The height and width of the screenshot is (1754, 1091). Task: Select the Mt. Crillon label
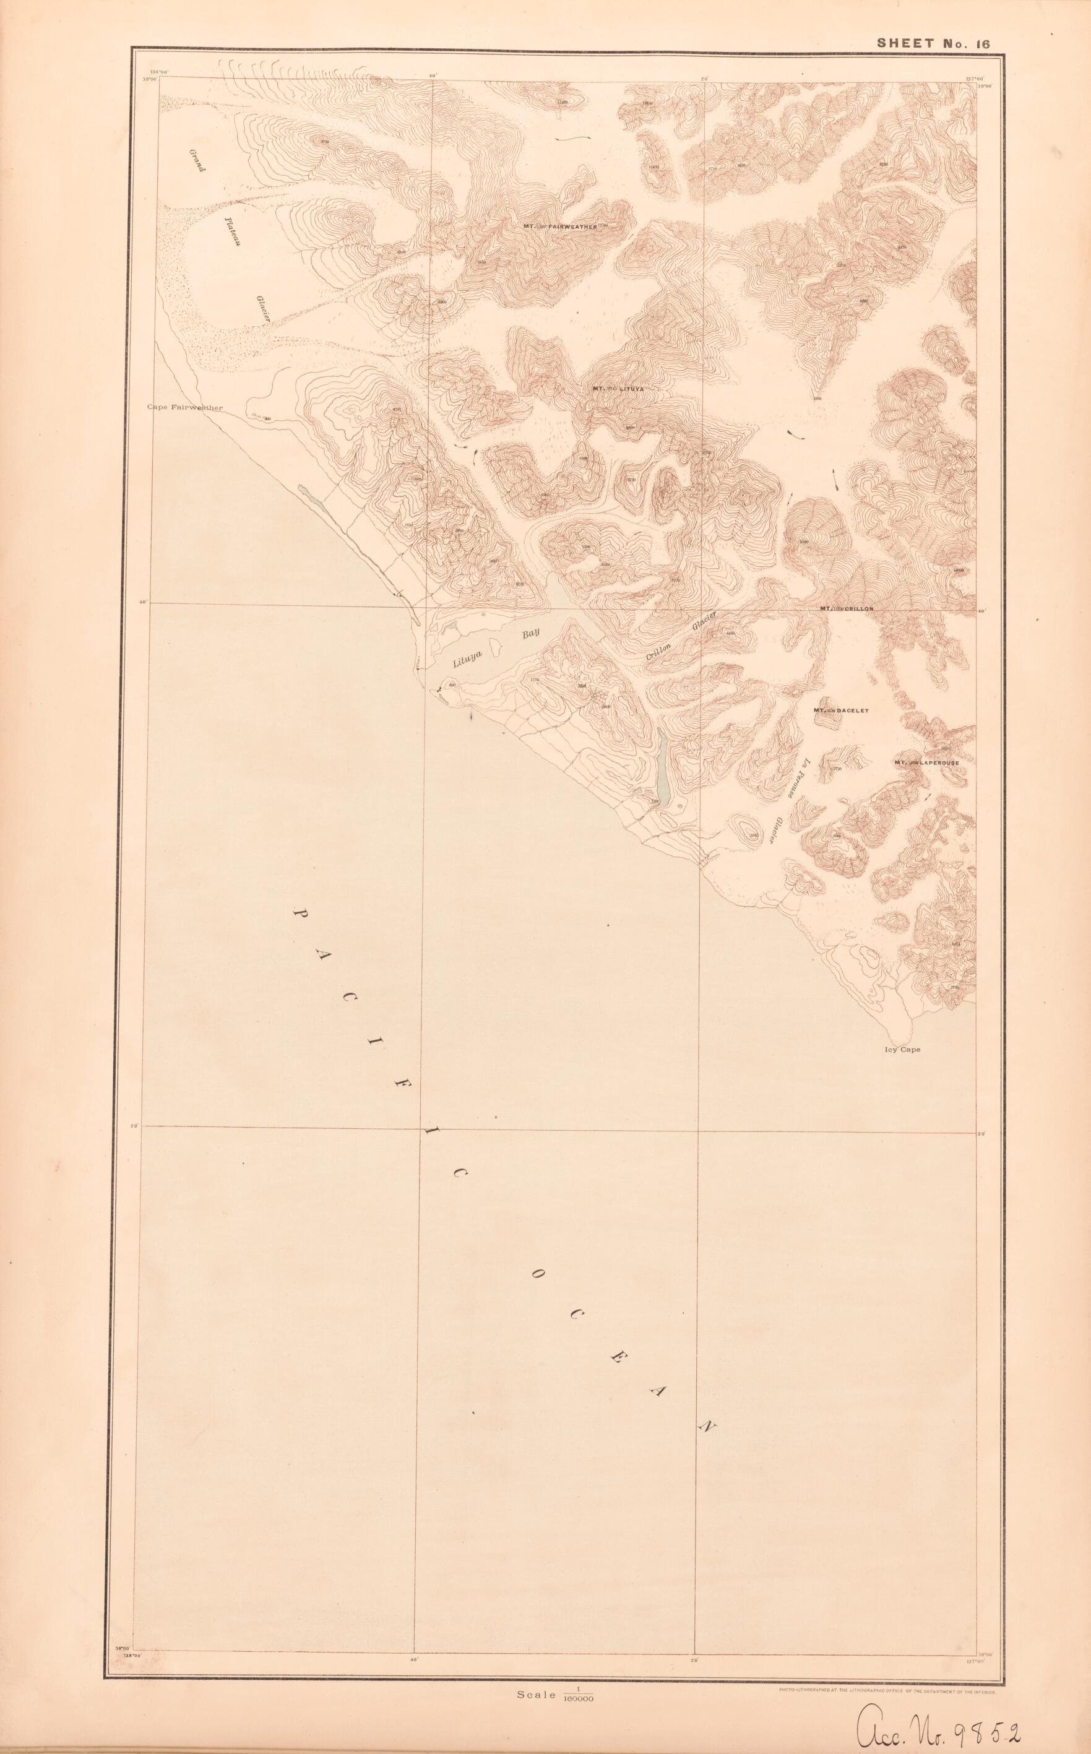847,608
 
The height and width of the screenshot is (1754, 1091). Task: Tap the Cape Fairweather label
184,407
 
